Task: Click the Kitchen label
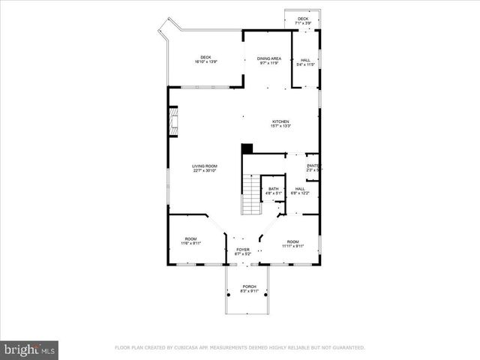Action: pyautogui.click(x=280, y=121)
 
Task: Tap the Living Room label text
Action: pyautogui.click(x=204, y=166)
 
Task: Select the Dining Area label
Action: pyautogui.click(x=269, y=58)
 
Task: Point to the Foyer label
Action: pyautogui.click(x=242, y=249)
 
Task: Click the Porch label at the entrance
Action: pyautogui.click(x=249, y=286)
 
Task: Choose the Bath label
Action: pyautogui.click(x=273, y=189)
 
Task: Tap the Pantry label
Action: pyautogui.click(x=313, y=166)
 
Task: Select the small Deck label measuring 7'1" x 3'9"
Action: pyautogui.click(x=303, y=19)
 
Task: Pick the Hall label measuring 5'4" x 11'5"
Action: pyautogui.click(x=305, y=60)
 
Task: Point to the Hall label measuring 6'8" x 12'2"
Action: pyautogui.click(x=299, y=189)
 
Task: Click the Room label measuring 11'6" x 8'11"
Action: pyautogui.click(x=190, y=238)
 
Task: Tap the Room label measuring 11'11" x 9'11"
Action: pyautogui.click(x=292, y=241)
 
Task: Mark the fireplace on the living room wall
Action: pyautogui.click(x=173, y=122)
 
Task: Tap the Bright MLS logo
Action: pyautogui.click(x=30, y=349)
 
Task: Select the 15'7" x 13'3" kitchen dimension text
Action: pyautogui.click(x=280, y=126)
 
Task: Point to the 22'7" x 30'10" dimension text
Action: pyautogui.click(x=204, y=171)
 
